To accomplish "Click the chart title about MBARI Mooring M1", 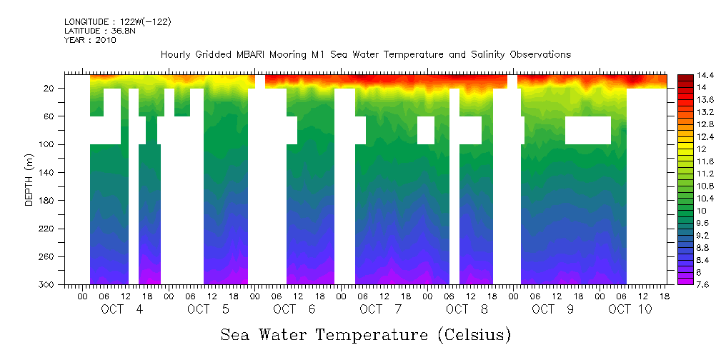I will [x=365, y=54].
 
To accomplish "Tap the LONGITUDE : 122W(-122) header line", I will [x=117, y=22].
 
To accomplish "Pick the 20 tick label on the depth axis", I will [x=49, y=89].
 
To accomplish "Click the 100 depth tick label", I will [x=47, y=144].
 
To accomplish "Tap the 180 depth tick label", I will [x=47, y=201].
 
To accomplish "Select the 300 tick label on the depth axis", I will [x=47, y=285].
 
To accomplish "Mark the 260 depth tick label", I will [x=47, y=257].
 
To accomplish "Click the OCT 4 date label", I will [x=121, y=309].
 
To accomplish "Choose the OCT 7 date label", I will [x=381, y=309].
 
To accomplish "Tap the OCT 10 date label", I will [x=630, y=309].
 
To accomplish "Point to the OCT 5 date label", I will [x=208, y=309].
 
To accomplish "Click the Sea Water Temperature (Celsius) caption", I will [x=365, y=334].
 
